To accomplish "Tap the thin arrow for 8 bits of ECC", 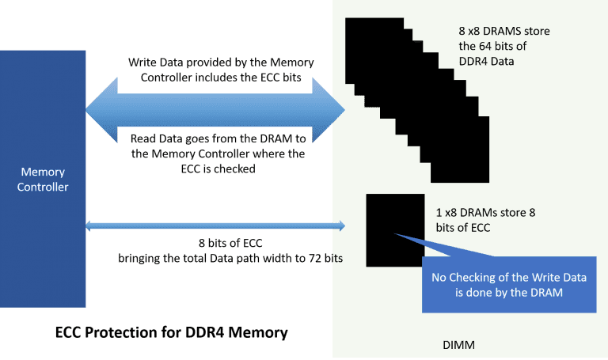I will (215, 227).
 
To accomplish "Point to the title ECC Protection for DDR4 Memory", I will (170, 332).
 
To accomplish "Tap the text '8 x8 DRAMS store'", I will (504, 31).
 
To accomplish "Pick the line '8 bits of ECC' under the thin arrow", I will (225, 243).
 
